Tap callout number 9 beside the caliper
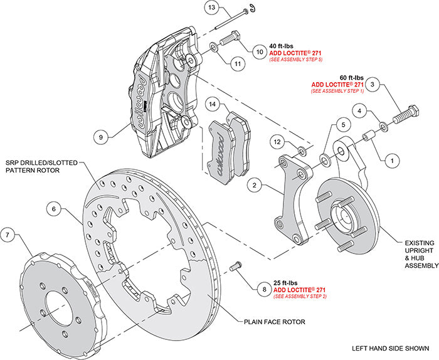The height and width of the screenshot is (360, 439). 100,135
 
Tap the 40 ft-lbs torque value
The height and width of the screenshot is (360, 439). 280,46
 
